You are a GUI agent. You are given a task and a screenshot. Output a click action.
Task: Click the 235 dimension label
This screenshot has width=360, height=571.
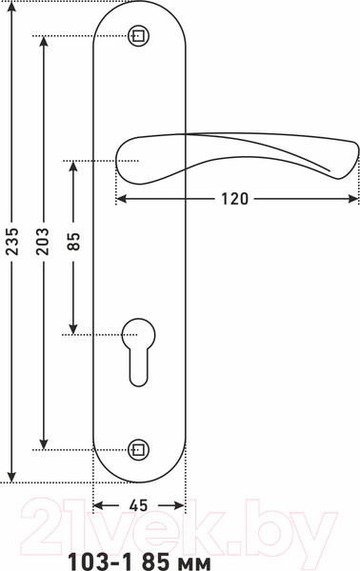coord(12,241)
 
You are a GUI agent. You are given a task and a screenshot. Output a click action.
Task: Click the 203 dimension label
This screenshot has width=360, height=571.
coord(43,241)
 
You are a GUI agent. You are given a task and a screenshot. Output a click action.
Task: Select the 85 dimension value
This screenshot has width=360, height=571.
coord(73,241)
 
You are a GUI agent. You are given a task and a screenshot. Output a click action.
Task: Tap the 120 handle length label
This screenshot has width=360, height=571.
coord(234,199)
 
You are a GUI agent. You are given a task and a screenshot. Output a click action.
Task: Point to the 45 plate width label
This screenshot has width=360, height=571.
coord(138,505)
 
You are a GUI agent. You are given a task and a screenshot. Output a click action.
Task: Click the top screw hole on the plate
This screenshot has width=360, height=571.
coord(139,36)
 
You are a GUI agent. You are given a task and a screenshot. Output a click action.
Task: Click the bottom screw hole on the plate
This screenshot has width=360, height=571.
coord(139,450)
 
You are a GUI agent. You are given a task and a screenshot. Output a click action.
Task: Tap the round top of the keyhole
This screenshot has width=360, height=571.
coord(138,335)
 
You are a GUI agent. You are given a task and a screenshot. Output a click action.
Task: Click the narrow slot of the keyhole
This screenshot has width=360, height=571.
coord(139,367)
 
